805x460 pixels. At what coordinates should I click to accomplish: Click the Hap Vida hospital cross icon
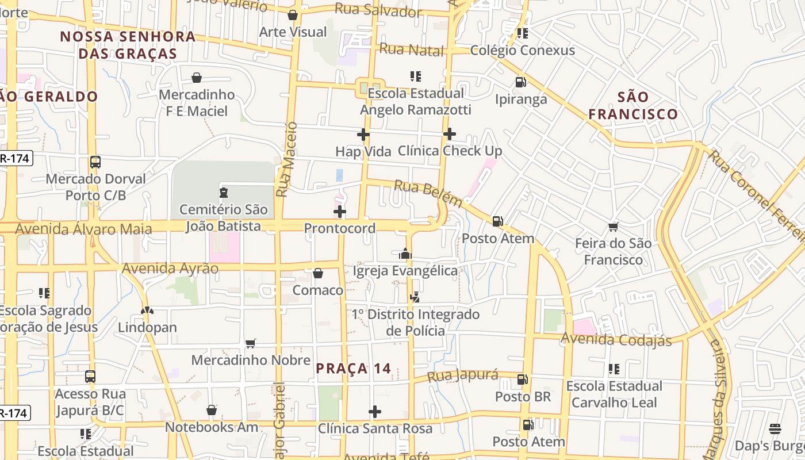[363, 135]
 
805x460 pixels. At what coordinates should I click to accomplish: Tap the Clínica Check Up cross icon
[450, 135]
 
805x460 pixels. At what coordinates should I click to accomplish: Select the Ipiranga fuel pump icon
[520, 82]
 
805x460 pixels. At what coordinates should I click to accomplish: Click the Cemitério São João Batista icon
[224, 193]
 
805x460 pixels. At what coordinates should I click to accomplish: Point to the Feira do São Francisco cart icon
[614, 227]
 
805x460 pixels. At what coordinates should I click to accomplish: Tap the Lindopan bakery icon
[147, 310]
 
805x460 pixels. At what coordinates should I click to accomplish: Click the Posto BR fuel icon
[523, 379]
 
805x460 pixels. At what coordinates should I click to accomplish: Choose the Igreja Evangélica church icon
[405, 254]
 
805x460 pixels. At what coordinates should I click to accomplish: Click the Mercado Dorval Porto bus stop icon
[95, 162]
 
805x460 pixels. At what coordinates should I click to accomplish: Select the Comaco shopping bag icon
[318, 273]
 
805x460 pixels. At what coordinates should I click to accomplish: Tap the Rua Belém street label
[428, 193]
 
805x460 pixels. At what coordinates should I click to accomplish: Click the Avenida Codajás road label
[616, 340]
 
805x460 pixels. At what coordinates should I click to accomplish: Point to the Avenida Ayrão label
[170, 269]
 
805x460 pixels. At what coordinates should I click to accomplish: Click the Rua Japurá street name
[463, 376]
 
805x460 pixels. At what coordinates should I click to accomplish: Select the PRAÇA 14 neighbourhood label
[354, 369]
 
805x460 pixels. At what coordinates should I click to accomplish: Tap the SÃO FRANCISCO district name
[633, 105]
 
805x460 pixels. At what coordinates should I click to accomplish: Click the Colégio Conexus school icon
[522, 33]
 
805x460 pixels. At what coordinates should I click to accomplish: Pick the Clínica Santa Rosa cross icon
[375, 412]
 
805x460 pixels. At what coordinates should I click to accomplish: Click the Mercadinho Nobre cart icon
[251, 343]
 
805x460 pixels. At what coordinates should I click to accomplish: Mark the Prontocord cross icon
[340, 212]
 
